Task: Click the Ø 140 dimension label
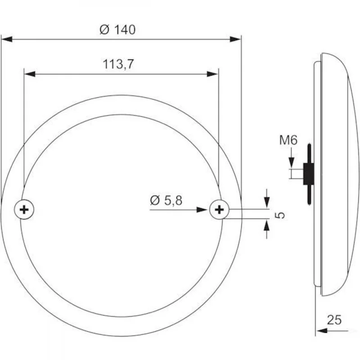point(117,30)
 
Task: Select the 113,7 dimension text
point(118,64)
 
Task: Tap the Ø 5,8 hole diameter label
point(166,201)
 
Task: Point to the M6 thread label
point(288,140)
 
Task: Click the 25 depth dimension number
point(334,320)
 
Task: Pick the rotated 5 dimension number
point(280,215)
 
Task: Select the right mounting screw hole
point(220,209)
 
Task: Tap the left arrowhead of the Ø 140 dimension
point(7,40)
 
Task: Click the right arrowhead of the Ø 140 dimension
point(236,40)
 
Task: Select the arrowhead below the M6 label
point(292,163)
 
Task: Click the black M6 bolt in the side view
point(309,173)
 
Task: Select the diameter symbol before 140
point(103,30)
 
